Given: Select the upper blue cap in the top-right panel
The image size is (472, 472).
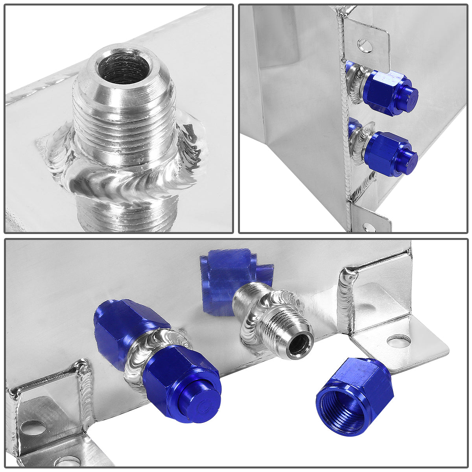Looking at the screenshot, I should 389,93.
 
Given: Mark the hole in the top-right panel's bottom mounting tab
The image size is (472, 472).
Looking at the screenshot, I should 368,227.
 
